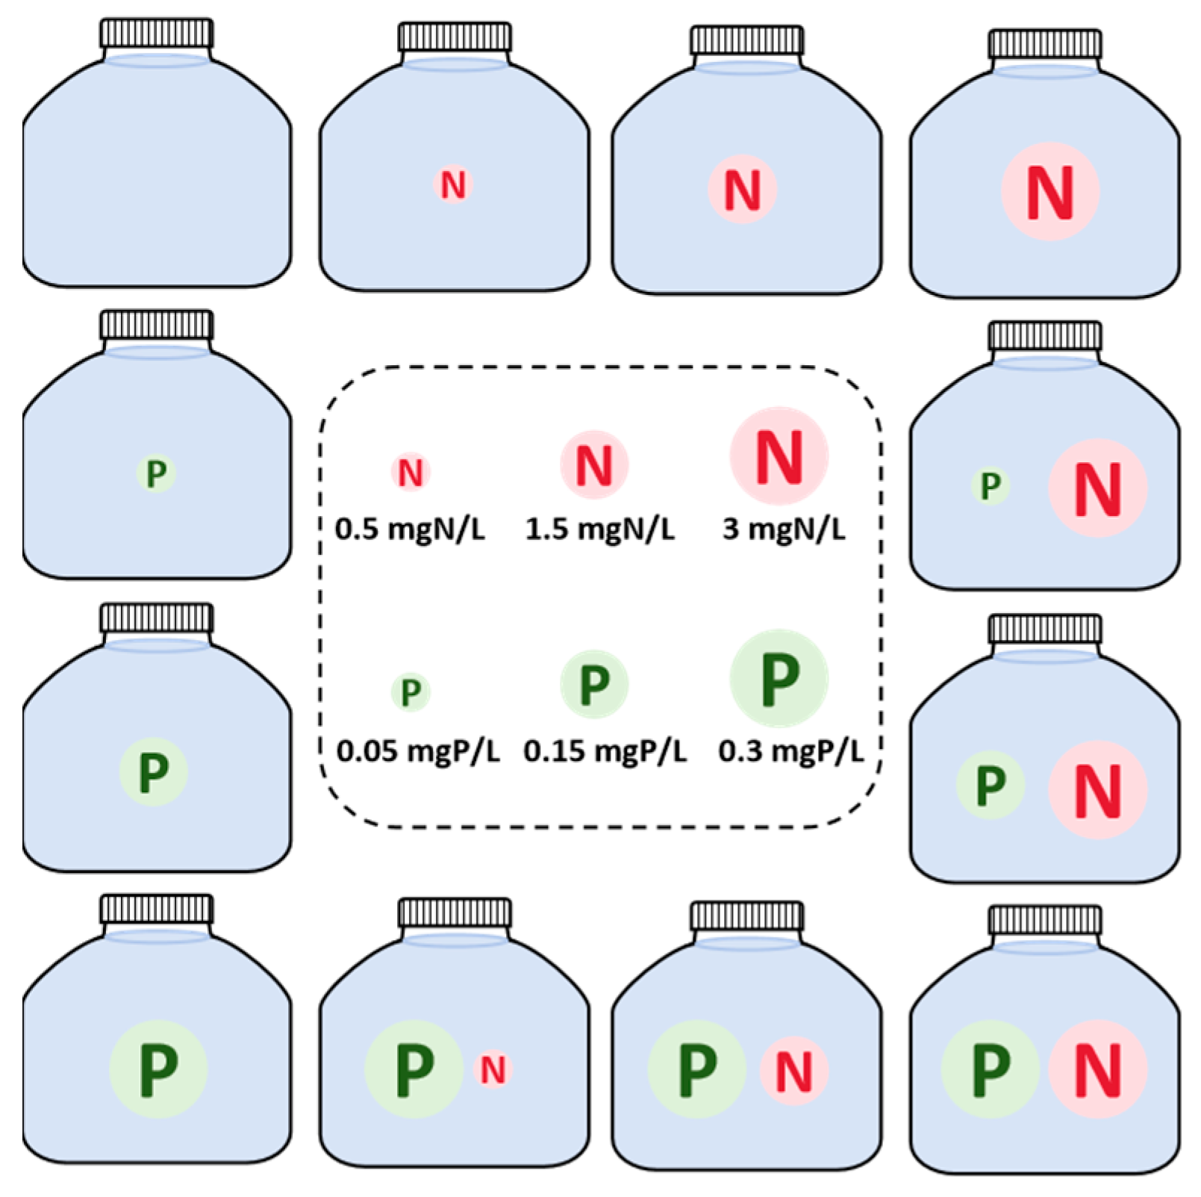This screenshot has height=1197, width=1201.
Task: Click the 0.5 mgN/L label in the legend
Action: (409, 529)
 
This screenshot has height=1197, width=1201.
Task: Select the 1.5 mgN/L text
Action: (599, 529)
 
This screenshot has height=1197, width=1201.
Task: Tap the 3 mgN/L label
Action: (784, 529)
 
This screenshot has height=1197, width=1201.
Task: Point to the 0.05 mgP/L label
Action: (417, 750)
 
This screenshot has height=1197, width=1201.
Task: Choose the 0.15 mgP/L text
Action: (605, 750)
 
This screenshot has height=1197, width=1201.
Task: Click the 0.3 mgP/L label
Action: (790, 750)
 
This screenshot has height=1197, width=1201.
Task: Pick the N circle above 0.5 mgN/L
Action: (411, 472)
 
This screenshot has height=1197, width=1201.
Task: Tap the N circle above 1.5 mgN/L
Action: (594, 465)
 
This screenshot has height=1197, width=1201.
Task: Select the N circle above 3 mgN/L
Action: (779, 456)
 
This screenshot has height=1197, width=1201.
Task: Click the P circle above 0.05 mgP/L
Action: (411, 692)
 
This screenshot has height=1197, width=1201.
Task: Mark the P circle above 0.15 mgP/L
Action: (594, 684)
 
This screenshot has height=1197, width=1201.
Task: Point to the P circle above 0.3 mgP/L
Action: (779, 678)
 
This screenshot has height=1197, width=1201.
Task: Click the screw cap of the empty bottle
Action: (157, 34)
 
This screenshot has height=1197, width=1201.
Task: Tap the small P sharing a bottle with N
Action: (990, 486)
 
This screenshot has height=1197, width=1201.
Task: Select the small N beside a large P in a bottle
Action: (493, 1070)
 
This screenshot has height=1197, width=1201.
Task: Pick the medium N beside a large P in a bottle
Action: (793, 1072)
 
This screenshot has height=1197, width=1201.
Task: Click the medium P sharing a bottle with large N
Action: (991, 785)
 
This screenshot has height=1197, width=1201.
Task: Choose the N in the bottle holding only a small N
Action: (453, 184)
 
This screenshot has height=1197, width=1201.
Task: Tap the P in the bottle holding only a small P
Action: (156, 473)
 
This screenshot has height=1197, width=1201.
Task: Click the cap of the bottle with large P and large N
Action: (1045, 920)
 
